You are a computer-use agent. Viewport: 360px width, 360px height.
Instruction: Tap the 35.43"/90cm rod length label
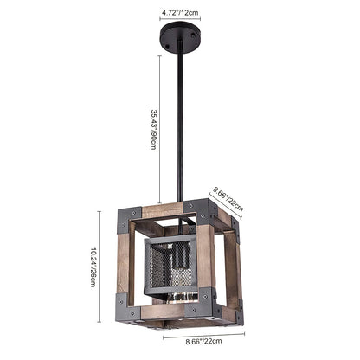(153, 128)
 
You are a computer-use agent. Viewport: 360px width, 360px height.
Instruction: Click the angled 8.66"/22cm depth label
(227, 201)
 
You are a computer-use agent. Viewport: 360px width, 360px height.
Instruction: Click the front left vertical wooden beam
(124, 268)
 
